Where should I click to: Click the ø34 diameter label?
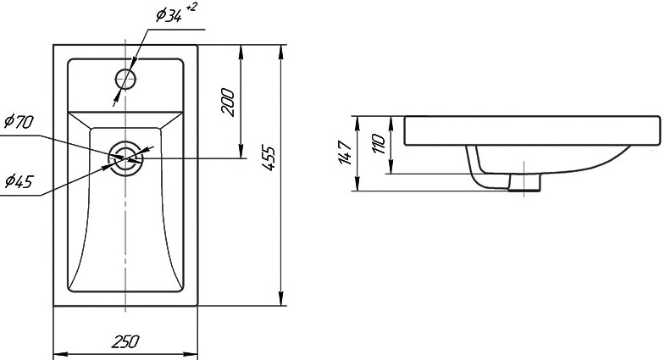click(x=169, y=16)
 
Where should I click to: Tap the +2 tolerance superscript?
click(x=191, y=7)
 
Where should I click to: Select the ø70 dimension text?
click(x=19, y=122)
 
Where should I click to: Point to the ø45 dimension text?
click(x=19, y=181)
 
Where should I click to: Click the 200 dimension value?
click(x=228, y=102)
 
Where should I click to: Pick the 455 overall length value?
click(x=269, y=158)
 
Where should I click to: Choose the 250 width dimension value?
click(x=125, y=341)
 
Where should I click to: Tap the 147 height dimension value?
click(x=345, y=152)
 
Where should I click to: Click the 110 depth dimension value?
click(x=378, y=144)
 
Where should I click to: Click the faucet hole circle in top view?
click(x=125, y=69)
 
